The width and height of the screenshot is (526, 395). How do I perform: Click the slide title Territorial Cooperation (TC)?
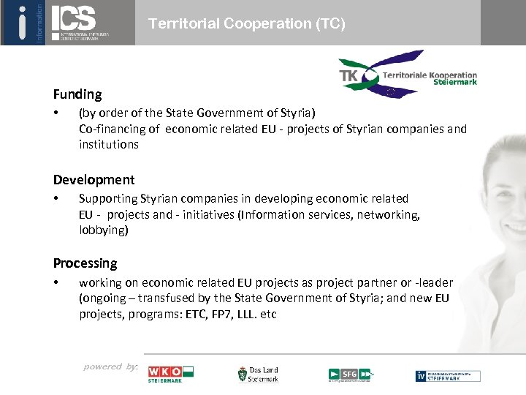pos(246,23)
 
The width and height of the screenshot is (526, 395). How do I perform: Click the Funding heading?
pos(77,94)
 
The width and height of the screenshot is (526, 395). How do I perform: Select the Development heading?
pos(94,180)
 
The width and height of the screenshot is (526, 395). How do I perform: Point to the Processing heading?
pos(85,263)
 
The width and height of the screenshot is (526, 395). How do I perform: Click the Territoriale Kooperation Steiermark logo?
pos(407,75)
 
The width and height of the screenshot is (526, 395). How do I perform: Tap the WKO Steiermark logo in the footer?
pos(170,373)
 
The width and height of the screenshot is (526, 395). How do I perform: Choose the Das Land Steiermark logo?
pos(258,375)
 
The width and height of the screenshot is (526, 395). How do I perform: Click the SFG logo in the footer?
pos(350,375)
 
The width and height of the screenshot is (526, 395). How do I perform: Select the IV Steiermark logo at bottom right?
pos(448,375)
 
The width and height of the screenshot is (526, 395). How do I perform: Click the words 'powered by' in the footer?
pos(110,366)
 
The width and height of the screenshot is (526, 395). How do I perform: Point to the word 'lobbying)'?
pos(103,230)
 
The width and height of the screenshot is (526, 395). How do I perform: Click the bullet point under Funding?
pos(56,113)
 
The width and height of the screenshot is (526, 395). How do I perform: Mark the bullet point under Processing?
pos(56,282)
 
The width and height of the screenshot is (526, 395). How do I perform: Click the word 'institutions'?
pos(108,145)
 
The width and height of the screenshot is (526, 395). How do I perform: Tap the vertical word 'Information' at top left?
pos(39,22)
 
